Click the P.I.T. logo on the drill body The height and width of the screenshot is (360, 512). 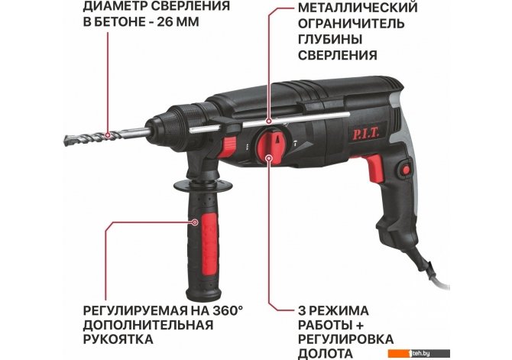click(x=366, y=134)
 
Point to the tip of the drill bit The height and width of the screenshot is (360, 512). click(x=65, y=141)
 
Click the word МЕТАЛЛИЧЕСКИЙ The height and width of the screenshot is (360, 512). click(x=358, y=7)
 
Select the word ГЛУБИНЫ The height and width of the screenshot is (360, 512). click(x=330, y=39)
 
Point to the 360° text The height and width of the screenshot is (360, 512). click(x=229, y=310)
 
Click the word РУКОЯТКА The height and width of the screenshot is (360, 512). click(x=118, y=339)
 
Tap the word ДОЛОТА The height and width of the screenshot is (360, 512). click(x=326, y=353)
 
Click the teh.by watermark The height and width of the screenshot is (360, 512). click(x=420, y=353)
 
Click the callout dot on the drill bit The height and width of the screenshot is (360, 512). click(x=108, y=135)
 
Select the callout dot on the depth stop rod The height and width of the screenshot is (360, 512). click(x=269, y=121)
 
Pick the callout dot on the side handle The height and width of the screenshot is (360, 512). click(x=195, y=222)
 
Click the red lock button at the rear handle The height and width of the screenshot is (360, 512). click(x=406, y=170)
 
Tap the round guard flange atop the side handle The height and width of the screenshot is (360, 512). click(x=203, y=186)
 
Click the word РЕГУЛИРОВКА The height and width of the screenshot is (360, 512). click(x=346, y=339)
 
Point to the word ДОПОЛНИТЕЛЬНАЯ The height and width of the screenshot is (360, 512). click(x=148, y=325)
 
